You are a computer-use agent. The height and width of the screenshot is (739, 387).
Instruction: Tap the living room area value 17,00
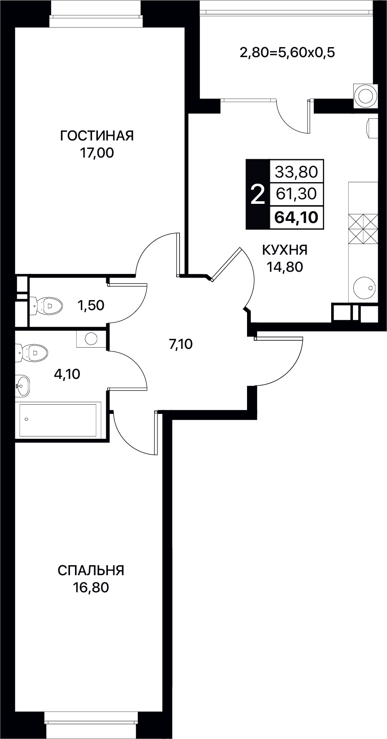click(97, 153)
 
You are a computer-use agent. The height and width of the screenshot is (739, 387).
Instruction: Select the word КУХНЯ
click(285, 250)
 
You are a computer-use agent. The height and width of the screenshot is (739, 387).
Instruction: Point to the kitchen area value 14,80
click(285, 267)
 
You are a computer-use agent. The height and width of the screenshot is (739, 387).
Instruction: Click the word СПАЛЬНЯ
click(91, 570)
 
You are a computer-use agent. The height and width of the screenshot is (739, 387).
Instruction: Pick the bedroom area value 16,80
click(91, 587)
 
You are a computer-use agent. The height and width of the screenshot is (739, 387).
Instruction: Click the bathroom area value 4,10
click(67, 374)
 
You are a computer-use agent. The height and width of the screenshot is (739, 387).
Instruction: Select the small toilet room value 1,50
click(90, 305)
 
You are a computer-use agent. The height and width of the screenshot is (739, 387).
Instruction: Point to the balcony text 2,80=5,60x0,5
click(287, 53)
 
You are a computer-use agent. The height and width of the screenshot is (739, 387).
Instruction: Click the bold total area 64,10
click(296, 217)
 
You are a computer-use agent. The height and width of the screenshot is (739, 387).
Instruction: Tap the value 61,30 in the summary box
click(296, 193)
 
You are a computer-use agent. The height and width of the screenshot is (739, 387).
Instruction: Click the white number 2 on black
click(258, 194)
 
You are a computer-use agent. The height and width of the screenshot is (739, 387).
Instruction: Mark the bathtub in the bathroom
click(58, 420)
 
